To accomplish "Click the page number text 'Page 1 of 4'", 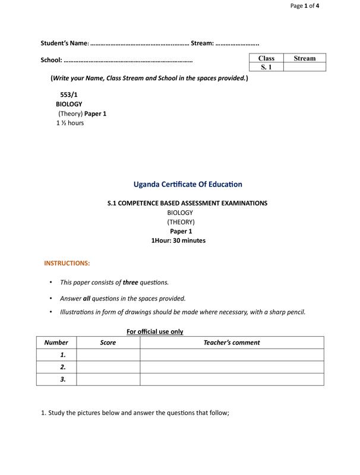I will (305, 6).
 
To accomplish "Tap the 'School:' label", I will (51, 60).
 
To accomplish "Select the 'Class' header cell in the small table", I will (266, 58).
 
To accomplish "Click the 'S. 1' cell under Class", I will (266, 67).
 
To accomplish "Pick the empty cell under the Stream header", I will (305, 67).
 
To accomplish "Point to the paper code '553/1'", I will (69, 94).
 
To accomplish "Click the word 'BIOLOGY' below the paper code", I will (69, 104).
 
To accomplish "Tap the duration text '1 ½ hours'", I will (70, 123).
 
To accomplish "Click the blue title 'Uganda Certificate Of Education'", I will (188, 185).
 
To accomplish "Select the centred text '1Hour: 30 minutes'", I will (178, 240).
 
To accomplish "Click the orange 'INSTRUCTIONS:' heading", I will (67, 263).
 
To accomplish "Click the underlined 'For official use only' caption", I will (154, 332).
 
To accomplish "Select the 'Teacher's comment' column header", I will (232, 343).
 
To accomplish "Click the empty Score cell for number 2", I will (108, 367).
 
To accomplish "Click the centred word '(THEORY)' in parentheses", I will (181, 221).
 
